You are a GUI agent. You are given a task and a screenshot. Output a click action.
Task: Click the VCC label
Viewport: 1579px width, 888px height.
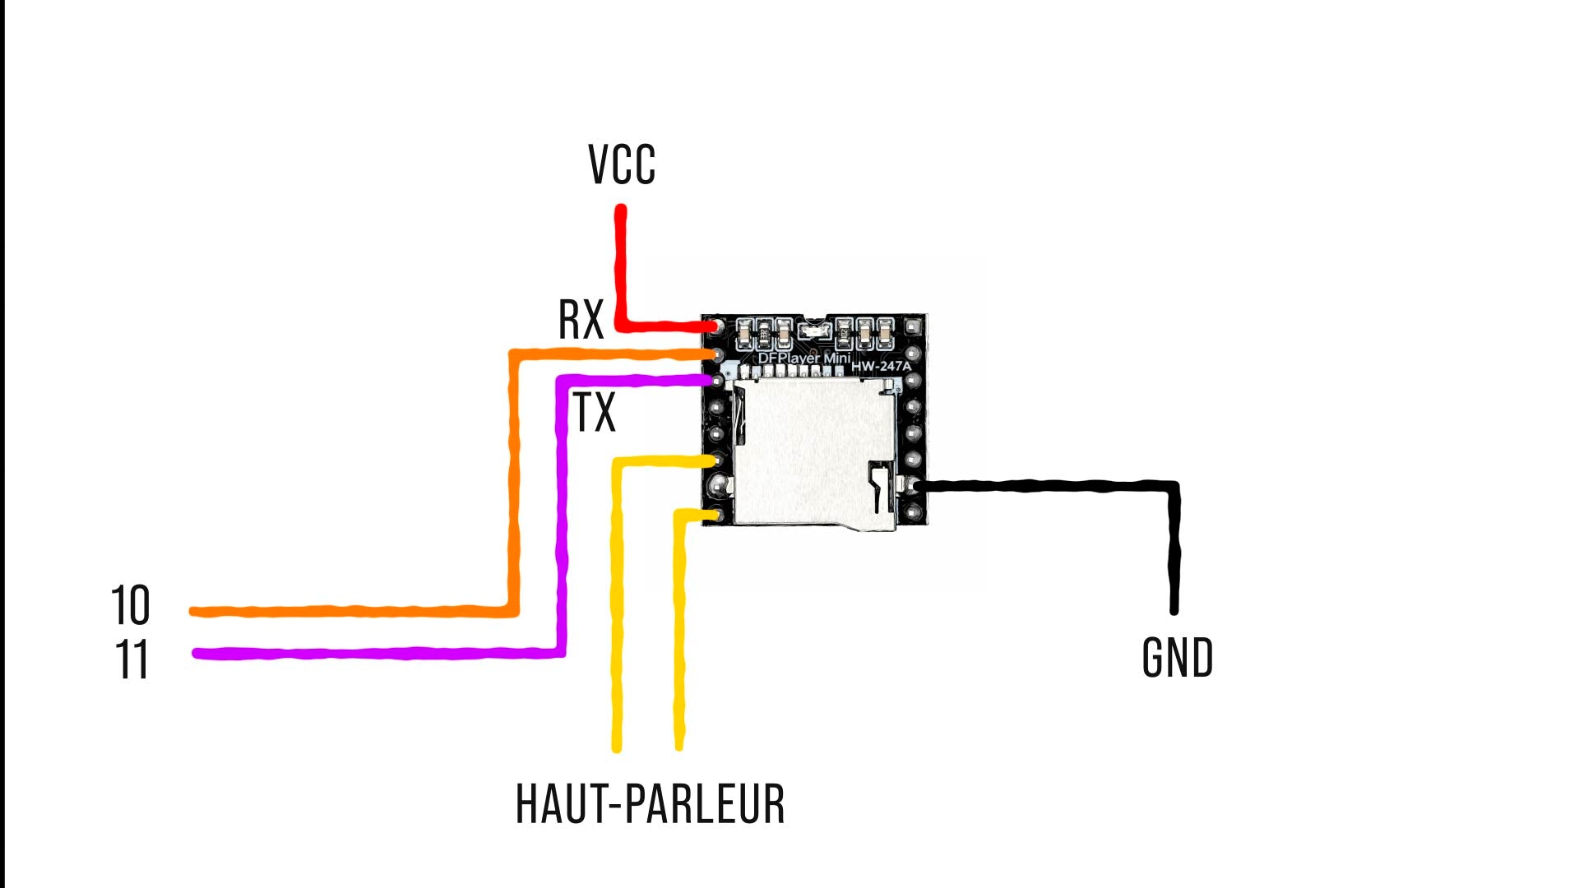click(x=622, y=164)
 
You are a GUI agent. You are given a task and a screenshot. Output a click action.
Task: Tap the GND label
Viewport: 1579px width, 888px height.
click(x=1178, y=658)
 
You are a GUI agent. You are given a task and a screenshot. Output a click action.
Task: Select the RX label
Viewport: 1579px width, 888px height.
click(x=581, y=320)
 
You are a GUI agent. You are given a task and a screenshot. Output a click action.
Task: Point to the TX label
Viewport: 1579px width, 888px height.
click(x=594, y=413)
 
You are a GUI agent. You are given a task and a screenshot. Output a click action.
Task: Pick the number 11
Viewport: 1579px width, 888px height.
click(x=132, y=659)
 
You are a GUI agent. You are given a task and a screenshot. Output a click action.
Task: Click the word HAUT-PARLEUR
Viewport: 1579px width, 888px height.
click(x=650, y=804)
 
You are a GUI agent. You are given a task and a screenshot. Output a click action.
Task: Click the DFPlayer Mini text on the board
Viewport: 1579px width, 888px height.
click(x=803, y=358)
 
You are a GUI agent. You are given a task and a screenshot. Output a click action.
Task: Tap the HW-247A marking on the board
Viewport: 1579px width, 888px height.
click(x=881, y=366)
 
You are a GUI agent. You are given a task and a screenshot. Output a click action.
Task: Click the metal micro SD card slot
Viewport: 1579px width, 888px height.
click(x=814, y=452)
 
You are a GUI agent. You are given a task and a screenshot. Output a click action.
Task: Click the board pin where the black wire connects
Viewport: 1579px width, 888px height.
click(x=913, y=486)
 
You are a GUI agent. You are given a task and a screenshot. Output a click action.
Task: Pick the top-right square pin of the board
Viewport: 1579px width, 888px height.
click(x=913, y=328)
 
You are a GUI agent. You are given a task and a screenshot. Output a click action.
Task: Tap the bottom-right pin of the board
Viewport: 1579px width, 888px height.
click(x=913, y=513)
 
